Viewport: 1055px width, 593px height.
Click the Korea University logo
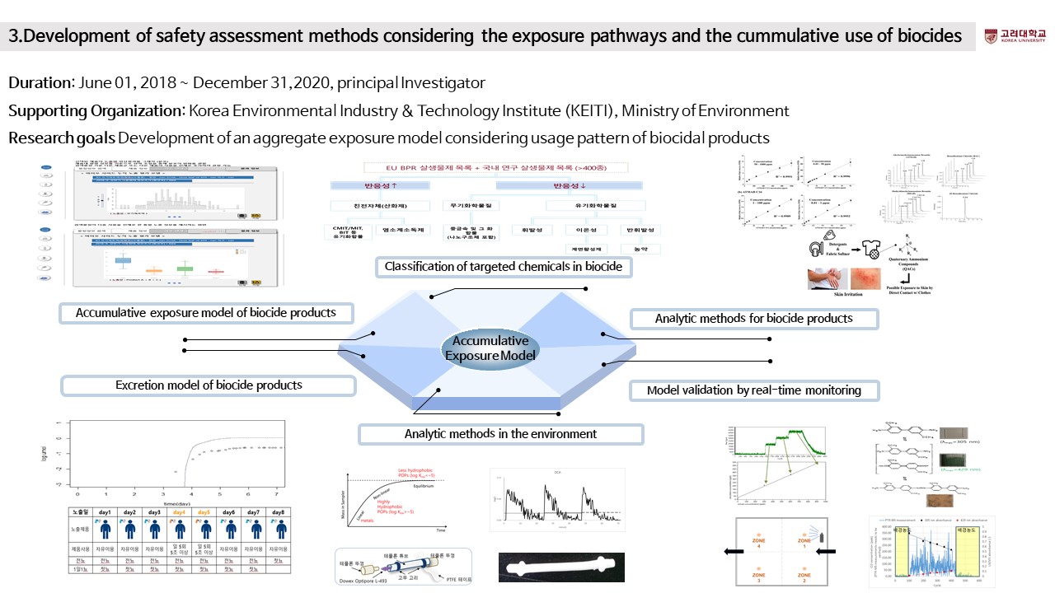[1014, 36]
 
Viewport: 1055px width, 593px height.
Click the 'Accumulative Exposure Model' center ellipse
[490, 348]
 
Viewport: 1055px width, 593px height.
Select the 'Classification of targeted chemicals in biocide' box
[504, 267]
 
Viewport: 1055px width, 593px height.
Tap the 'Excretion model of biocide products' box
[209, 385]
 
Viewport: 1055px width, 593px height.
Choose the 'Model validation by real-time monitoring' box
[753, 390]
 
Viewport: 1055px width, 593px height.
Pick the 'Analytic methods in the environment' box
[500, 433]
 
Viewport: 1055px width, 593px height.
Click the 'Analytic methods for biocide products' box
[753, 318]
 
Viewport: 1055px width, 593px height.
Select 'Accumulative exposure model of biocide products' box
[207, 313]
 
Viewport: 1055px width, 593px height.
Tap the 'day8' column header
[278, 511]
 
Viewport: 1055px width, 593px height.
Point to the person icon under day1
[105, 530]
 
